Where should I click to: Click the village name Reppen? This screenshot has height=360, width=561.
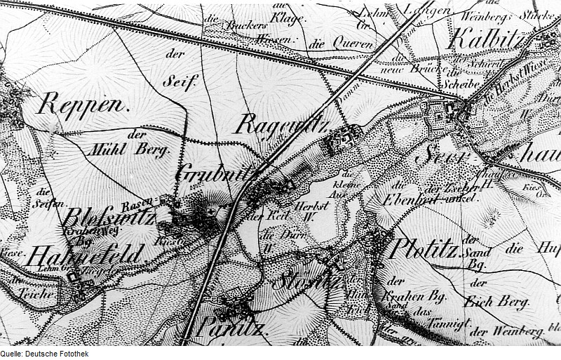point(84,105)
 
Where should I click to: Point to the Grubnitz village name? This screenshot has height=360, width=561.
point(219,173)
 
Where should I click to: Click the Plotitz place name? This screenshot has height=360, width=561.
point(424,248)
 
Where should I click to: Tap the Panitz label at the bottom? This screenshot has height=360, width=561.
point(231,327)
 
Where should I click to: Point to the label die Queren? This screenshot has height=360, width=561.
point(329,44)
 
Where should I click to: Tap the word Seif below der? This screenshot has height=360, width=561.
point(177,81)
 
